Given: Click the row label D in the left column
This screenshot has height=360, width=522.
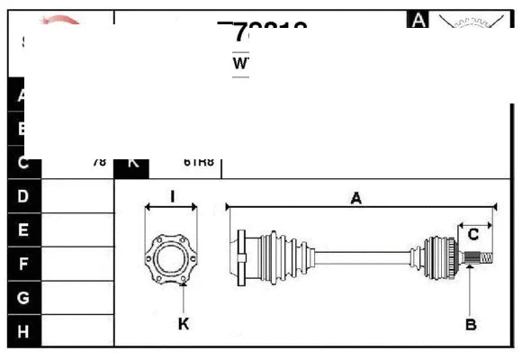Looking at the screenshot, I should (23, 195).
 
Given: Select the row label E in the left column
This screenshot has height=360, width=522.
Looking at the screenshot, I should (23, 229).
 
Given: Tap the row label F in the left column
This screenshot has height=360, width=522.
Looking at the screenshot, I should (23, 264).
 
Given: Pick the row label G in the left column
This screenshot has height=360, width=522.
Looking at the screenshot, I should (23, 297).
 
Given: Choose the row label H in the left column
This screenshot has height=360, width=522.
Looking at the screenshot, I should (23, 331).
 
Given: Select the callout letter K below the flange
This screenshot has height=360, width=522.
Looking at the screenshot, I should (184, 323).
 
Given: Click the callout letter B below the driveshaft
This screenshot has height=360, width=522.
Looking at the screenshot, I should (471, 323).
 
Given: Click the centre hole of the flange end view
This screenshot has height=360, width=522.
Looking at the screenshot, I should (171, 259).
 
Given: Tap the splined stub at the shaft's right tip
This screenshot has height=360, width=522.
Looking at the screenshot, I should (483, 258).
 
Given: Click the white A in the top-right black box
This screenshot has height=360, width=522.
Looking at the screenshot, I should (418, 19).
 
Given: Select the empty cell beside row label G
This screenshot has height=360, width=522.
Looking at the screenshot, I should (77, 297).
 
